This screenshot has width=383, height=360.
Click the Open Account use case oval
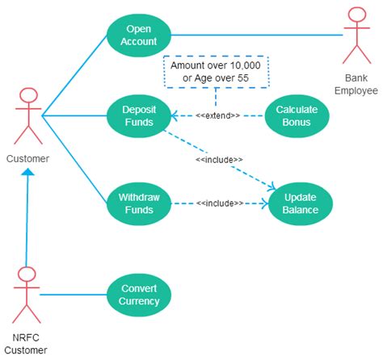142,35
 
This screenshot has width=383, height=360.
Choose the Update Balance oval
301,203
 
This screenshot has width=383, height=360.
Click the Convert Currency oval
140,295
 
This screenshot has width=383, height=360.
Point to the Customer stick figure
27,117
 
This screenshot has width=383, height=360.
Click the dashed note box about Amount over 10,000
215,70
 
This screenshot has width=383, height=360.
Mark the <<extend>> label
217,116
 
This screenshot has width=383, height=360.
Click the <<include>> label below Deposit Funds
219,160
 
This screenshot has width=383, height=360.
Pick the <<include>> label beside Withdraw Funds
219,203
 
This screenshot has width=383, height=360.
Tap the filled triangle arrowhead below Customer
28,172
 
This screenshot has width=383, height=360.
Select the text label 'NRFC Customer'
27,342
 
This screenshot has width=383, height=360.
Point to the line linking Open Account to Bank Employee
259,35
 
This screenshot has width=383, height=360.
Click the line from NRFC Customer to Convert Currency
73,295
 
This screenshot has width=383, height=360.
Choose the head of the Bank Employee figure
355,15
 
